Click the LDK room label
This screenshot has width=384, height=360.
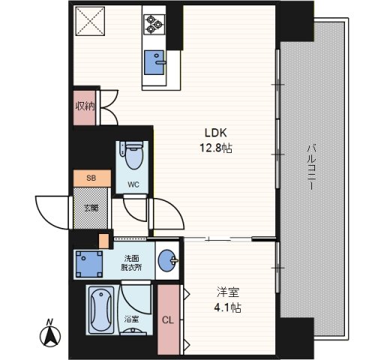pyautogui.click(x=216, y=133)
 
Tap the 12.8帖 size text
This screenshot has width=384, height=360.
pyautogui.click(x=216, y=148)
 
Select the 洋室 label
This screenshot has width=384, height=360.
pyautogui.click(x=228, y=292)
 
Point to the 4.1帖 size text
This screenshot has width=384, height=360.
pyautogui.click(x=227, y=307)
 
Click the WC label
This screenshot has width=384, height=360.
pyautogui.click(x=133, y=184)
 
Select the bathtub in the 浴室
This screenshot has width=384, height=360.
pyautogui.click(x=101, y=310)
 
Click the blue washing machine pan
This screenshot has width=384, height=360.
pyautogui.click(x=89, y=265)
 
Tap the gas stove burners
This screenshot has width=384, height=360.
pyautogui.click(x=154, y=24)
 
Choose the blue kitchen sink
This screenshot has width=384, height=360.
pyautogui.click(x=154, y=62)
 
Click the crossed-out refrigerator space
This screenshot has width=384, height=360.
pyautogui.click(x=90, y=21)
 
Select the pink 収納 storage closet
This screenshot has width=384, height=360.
pyautogui.click(x=85, y=107)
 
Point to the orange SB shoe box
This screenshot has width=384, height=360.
pyautogui.click(x=92, y=178)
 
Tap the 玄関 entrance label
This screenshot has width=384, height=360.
pyautogui.click(x=91, y=208)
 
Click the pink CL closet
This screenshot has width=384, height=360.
pyautogui.click(x=168, y=319)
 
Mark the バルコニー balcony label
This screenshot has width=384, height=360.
pyautogui.click(x=311, y=167)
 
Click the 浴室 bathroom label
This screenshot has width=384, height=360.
pyautogui.click(x=131, y=319)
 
